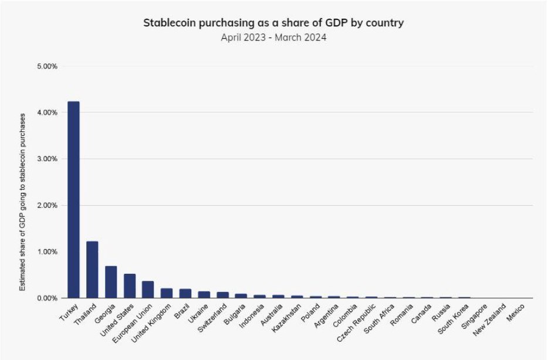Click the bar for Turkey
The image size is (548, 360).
[73, 200]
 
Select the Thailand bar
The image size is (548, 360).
[92, 270]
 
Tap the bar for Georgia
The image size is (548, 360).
[111, 282]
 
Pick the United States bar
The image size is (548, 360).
[130, 286]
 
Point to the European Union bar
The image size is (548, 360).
[148, 290]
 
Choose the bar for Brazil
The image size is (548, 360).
[185, 294]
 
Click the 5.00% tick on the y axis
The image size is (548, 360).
[47, 66]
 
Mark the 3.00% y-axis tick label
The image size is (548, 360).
[47, 159]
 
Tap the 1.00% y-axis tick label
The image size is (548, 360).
[47, 252]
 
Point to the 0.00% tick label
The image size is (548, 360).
[47, 298]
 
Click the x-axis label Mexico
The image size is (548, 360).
[516, 313]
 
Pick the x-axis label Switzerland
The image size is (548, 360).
[213, 318]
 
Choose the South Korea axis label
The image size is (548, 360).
[453, 319]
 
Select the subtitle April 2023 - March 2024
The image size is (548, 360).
[273, 38]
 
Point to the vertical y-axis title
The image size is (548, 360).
[22, 202]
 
